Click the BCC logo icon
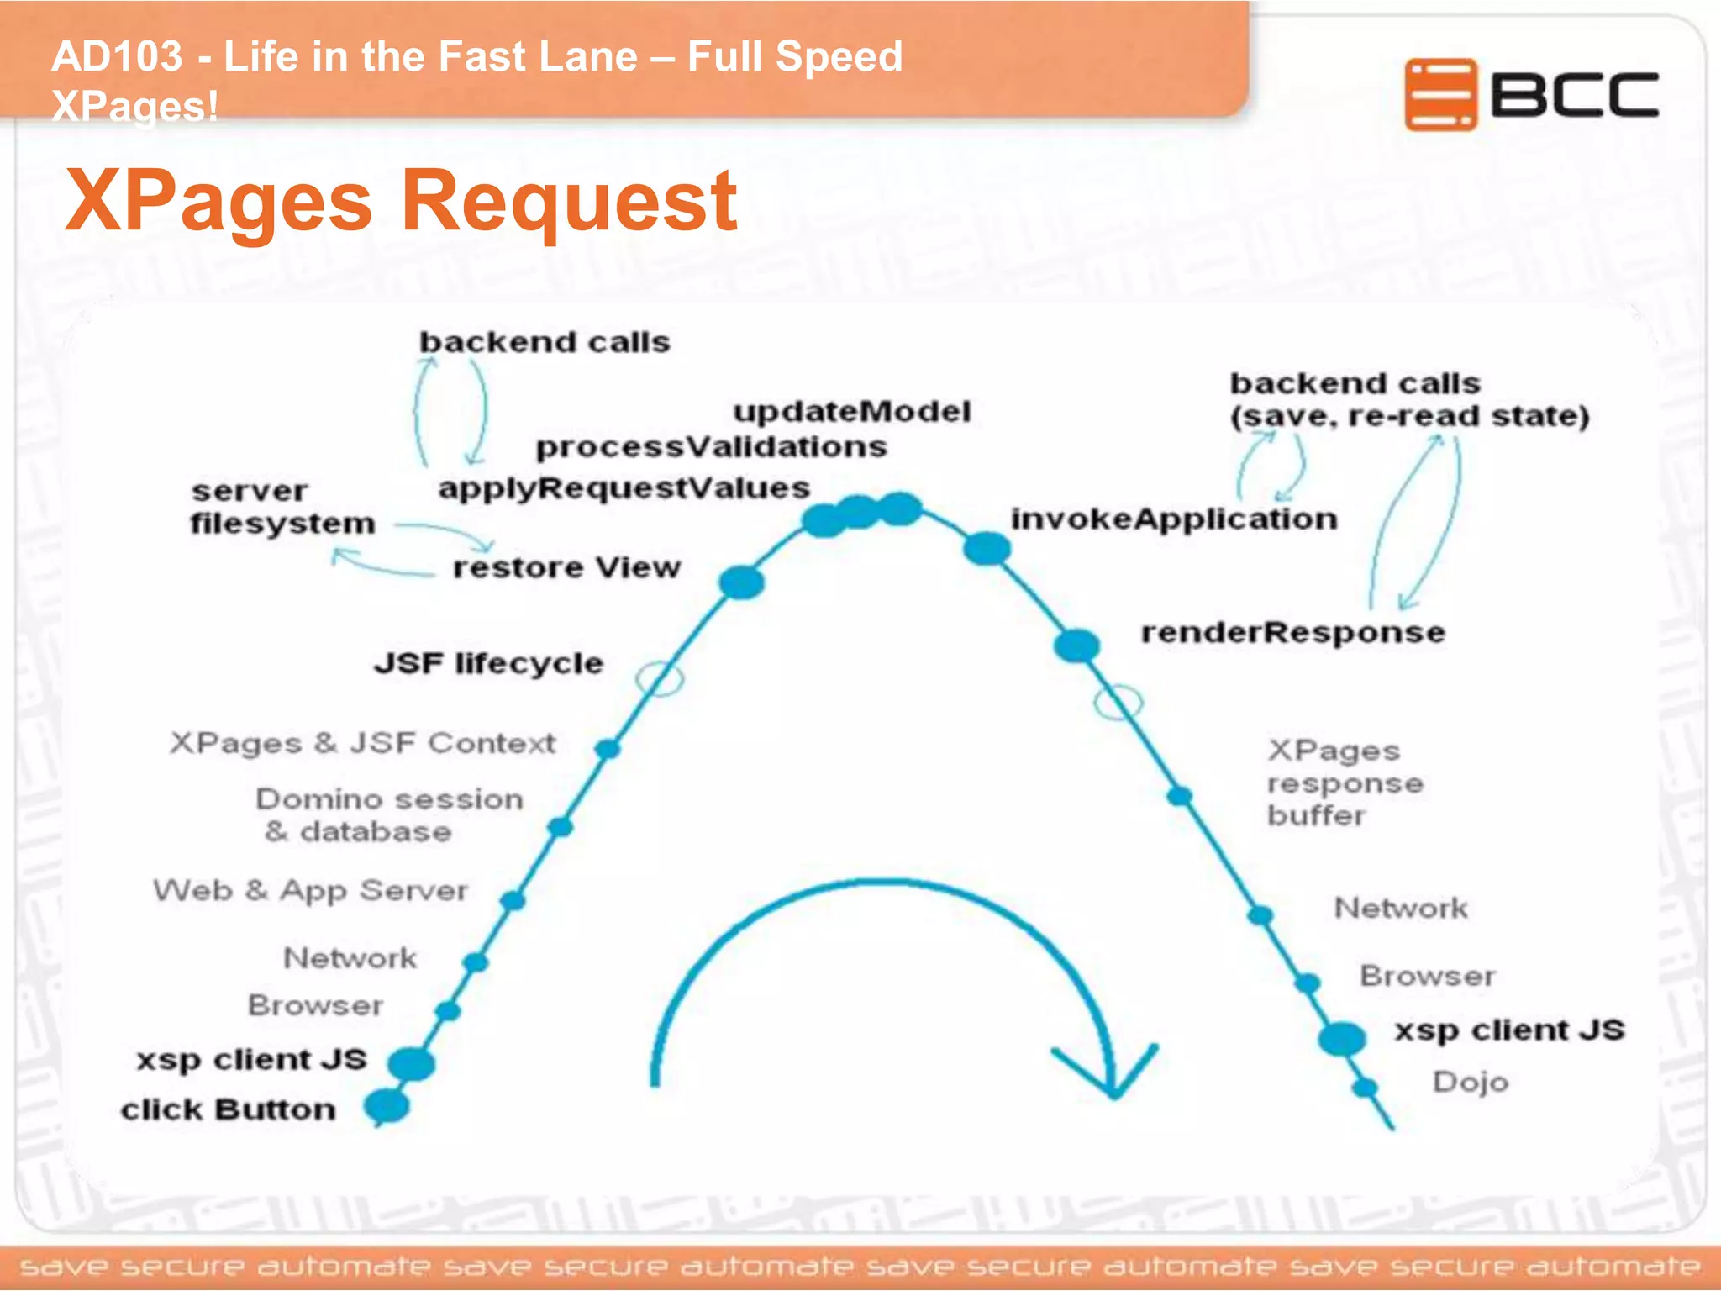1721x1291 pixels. [x=1439, y=94]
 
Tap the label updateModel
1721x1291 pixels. [x=851, y=411]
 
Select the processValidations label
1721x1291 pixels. [x=711, y=446]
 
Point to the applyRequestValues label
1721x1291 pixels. [x=624, y=487]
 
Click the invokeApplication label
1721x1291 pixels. [x=1173, y=519]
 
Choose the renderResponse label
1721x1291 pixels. [x=1292, y=632]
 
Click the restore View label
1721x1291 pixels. [x=566, y=567]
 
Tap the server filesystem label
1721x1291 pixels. [x=282, y=507]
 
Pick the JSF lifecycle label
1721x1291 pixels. [x=488, y=663]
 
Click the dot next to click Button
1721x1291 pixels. [x=387, y=1106]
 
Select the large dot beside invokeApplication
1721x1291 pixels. [x=987, y=549]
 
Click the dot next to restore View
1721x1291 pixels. [x=741, y=582]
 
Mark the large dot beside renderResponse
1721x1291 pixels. [x=1076, y=645]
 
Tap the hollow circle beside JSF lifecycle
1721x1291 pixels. [x=660, y=678]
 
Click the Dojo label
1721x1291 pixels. [x=1470, y=1082]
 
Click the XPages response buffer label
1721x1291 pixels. [x=1345, y=783]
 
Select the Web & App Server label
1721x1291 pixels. [x=310, y=890]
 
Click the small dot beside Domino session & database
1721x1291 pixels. [x=561, y=828]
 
